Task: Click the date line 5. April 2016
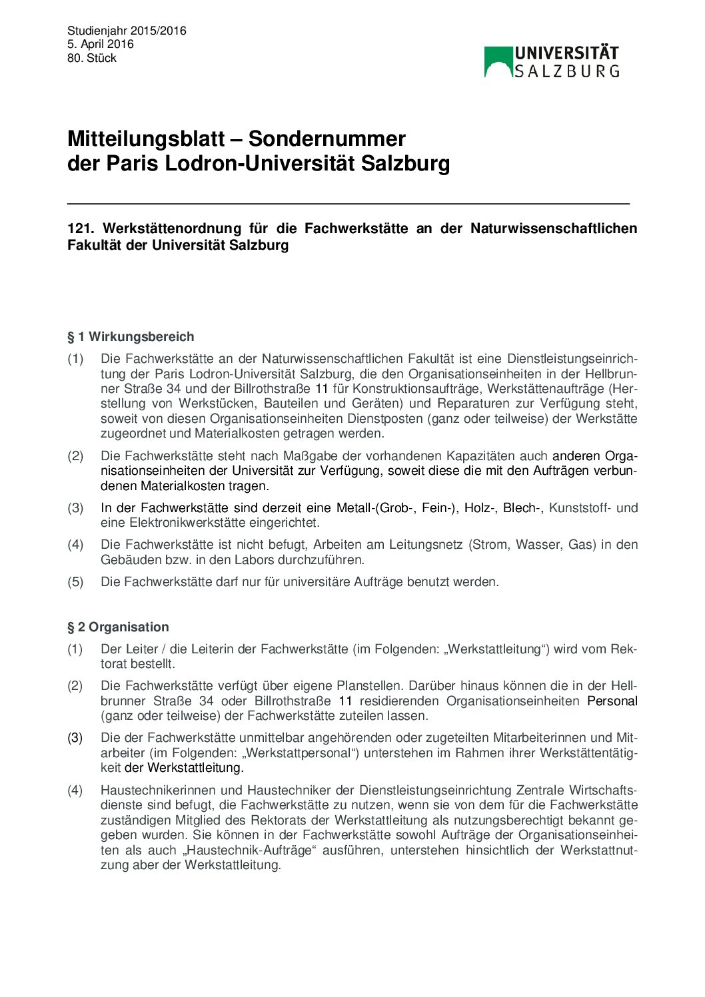pyautogui.click(x=101, y=44)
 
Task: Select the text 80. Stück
pyautogui.click(x=92, y=58)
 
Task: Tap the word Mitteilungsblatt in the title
pyautogui.click(x=146, y=139)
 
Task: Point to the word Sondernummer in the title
pyautogui.click(x=327, y=139)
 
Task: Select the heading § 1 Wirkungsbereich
pyautogui.click(x=131, y=336)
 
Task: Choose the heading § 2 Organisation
pyautogui.click(x=118, y=627)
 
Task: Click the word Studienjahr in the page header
pyautogui.click(x=97, y=31)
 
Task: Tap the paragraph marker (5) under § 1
pyautogui.click(x=75, y=581)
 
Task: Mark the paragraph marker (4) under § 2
pyautogui.click(x=75, y=790)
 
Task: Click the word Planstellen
pyautogui.click(x=369, y=685)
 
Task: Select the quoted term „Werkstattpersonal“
pyautogui.click(x=300, y=753)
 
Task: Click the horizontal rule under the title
pyautogui.click(x=348, y=203)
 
